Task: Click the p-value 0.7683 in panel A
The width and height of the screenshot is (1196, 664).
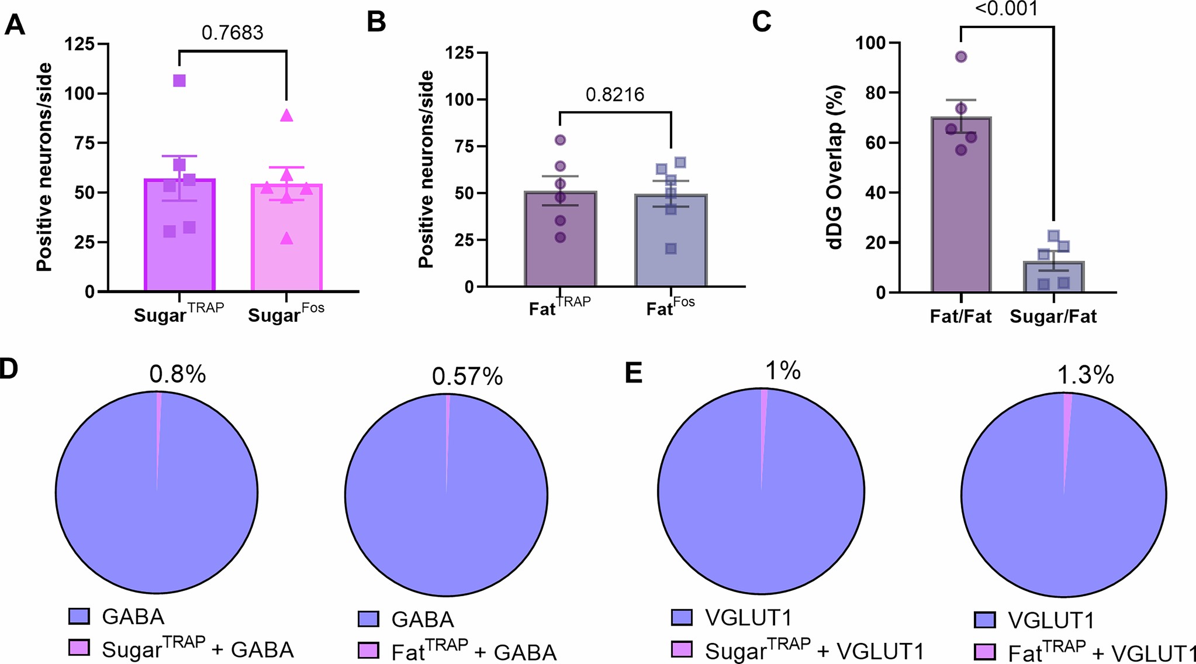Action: tap(232, 33)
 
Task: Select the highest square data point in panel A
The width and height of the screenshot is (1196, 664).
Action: tap(179, 81)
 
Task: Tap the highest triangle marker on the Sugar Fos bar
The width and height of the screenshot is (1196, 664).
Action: tap(286, 116)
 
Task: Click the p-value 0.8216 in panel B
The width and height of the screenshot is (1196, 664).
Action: tap(614, 95)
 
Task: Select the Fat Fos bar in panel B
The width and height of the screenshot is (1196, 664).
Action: tap(670, 246)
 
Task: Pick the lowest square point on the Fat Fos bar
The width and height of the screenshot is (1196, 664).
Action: tap(671, 249)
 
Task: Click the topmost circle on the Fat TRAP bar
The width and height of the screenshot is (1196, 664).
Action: tap(560, 140)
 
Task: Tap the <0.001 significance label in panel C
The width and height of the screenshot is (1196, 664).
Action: tap(1007, 9)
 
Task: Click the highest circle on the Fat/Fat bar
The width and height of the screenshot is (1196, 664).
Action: tap(961, 57)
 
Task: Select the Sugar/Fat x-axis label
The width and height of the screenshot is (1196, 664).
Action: tap(1053, 316)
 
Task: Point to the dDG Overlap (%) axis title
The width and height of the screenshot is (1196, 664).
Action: tap(836, 168)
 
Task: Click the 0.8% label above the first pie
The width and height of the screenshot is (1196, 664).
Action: tap(177, 374)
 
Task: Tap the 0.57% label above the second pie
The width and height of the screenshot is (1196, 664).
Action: tap(467, 377)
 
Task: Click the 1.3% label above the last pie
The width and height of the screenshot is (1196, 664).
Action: tap(1085, 375)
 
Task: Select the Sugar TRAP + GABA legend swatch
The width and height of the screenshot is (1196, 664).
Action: tap(79, 647)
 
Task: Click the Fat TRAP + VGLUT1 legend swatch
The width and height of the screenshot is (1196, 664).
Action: tap(985, 651)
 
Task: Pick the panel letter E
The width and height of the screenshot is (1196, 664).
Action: tap(634, 373)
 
